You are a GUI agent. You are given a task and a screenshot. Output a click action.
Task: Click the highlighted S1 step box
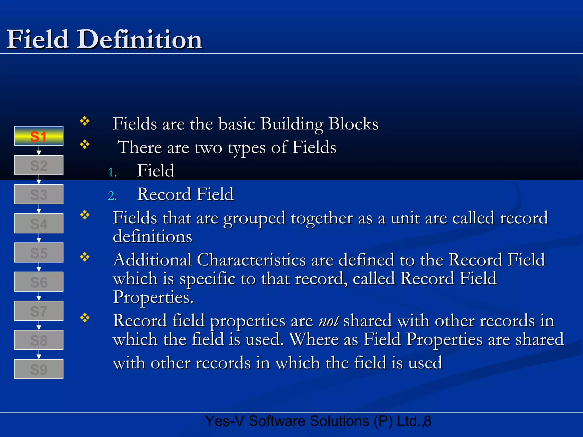click(x=39, y=136)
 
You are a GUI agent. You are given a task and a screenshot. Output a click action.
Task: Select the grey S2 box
click(x=39, y=165)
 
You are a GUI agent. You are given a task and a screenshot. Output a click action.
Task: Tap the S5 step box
click(x=39, y=253)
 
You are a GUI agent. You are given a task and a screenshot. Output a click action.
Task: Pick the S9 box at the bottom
click(x=39, y=369)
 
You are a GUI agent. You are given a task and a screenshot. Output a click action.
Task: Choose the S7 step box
click(x=39, y=311)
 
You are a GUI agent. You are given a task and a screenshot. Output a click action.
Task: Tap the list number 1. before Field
click(x=112, y=172)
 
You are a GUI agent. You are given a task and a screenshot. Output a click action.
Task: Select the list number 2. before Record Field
click(x=112, y=196)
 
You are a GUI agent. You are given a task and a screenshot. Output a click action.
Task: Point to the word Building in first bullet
click(x=292, y=124)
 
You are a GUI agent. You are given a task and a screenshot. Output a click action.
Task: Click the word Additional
click(x=152, y=260)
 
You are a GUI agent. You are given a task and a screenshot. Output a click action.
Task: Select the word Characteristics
click(x=251, y=260)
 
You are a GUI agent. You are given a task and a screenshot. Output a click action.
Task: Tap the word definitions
click(x=153, y=236)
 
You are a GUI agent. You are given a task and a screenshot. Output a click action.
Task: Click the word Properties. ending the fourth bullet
click(x=153, y=298)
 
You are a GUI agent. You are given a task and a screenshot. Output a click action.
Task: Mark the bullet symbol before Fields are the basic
click(x=85, y=121)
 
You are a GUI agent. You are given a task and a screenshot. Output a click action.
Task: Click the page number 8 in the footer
click(x=428, y=421)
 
